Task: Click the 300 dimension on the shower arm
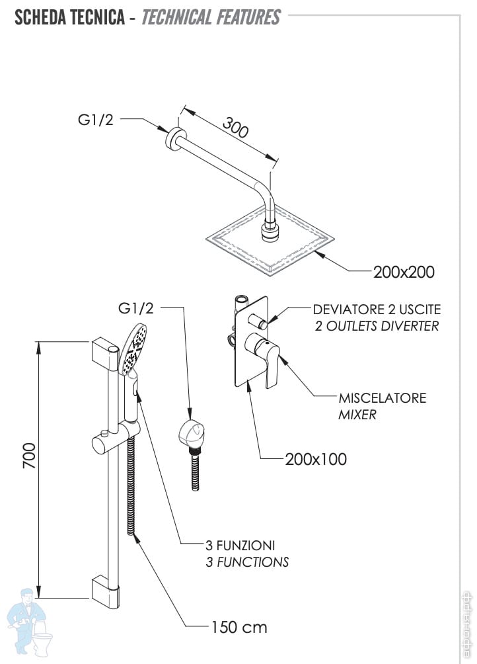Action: [x=235, y=128]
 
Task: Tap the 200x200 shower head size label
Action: [x=404, y=271]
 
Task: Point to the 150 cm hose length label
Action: [x=239, y=626]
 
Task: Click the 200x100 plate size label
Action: [x=316, y=459]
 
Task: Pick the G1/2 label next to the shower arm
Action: [x=96, y=120]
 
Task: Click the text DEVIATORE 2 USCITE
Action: [x=377, y=310]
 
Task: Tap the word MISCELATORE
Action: [x=383, y=398]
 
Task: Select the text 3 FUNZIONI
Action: [x=240, y=546]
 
